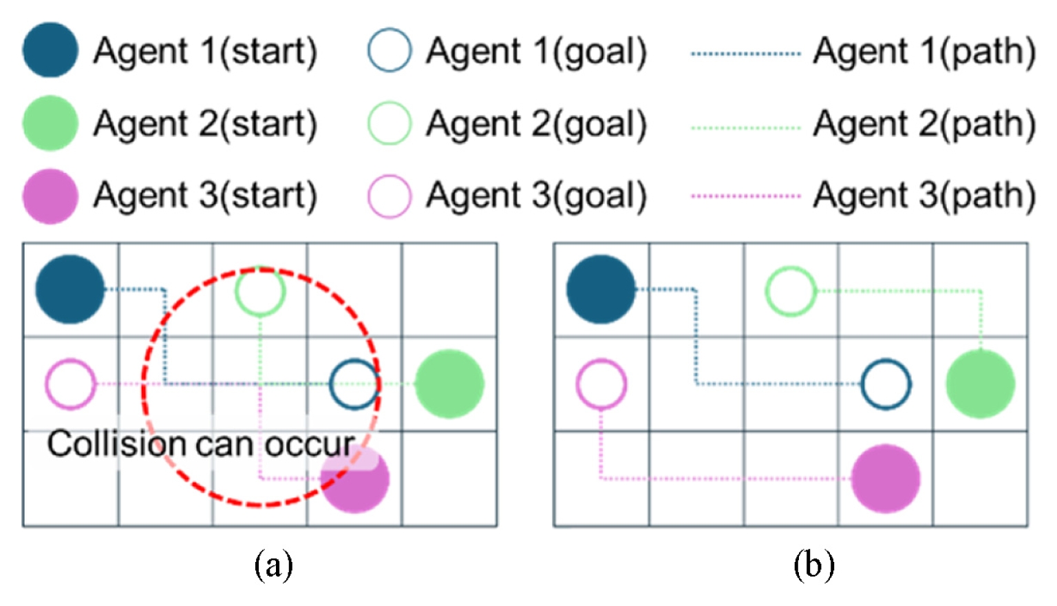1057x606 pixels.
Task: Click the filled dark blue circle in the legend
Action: (x=50, y=50)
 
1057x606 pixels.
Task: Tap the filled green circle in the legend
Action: (x=50, y=123)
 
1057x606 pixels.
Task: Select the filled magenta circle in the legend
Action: (x=50, y=196)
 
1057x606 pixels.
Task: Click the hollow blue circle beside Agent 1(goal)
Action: (x=389, y=50)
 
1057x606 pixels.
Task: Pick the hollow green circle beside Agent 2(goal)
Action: (x=389, y=123)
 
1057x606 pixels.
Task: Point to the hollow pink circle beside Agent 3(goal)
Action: (x=389, y=196)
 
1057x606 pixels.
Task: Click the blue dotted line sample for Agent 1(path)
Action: (x=746, y=53)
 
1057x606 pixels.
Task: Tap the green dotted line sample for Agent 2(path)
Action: (x=746, y=127)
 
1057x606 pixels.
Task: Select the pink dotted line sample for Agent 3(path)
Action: (x=746, y=196)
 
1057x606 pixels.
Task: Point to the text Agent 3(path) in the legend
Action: (x=924, y=196)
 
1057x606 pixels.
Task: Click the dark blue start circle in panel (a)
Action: (x=70, y=289)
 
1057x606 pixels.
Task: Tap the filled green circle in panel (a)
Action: (x=449, y=384)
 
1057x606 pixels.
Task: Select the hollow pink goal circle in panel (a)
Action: (x=70, y=384)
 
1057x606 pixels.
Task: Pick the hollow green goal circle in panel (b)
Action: (x=791, y=291)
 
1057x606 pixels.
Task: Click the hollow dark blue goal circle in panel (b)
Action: (x=886, y=384)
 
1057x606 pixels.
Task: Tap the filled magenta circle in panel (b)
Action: (x=886, y=479)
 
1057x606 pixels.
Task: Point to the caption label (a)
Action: (x=273, y=565)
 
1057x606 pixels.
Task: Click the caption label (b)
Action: (x=813, y=565)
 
